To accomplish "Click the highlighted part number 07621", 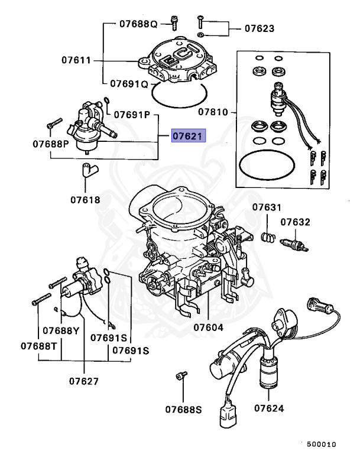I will pyautogui.click(x=188, y=137).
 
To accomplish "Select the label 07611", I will pyautogui.click(x=77, y=60).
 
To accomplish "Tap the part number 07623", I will pyautogui.click(x=260, y=28).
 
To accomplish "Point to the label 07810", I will pyautogui.click(x=213, y=111).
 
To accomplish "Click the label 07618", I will pyautogui.click(x=85, y=200).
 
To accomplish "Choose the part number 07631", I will pyautogui.click(x=267, y=207).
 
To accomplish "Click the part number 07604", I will pyautogui.click(x=208, y=326).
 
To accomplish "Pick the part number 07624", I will pyautogui.click(x=269, y=408).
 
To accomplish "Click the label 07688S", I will pyautogui.click(x=183, y=408).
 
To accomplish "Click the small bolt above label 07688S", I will pyautogui.click(x=182, y=376).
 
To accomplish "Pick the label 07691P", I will pyautogui.click(x=132, y=113).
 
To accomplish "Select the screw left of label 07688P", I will pyautogui.click(x=54, y=124).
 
